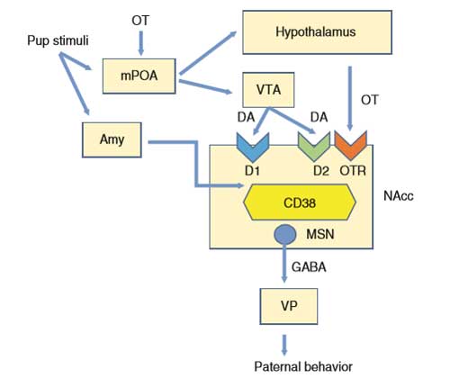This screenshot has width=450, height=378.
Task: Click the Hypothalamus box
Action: (317, 32)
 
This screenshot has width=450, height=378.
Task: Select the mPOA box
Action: (139, 76)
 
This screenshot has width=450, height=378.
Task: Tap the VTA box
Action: (268, 90)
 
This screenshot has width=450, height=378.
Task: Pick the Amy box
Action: (112, 139)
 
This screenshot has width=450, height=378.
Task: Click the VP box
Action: (289, 306)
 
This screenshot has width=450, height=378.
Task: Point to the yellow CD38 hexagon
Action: (300, 202)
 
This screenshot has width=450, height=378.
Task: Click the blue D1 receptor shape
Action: (253, 147)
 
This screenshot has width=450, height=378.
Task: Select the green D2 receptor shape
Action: (314, 147)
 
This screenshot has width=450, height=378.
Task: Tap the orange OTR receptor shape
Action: (350, 146)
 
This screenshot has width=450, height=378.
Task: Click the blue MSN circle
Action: (285, 235)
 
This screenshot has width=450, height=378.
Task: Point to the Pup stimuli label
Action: (58, 40)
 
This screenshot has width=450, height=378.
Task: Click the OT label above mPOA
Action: (140, 21)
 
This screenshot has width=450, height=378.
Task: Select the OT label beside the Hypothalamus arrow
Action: (370, 100)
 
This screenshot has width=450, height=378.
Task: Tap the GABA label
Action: (309, 267)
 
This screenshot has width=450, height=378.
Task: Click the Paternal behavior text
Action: (303, 366)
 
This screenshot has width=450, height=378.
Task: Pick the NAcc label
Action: (399, 196)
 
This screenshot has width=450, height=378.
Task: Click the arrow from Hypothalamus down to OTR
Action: (350, 98)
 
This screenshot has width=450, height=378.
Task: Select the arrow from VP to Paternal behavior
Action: (284, 345)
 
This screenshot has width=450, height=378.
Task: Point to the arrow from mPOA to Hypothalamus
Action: (208, 52)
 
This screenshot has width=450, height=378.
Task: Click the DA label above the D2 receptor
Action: (319, 117)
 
